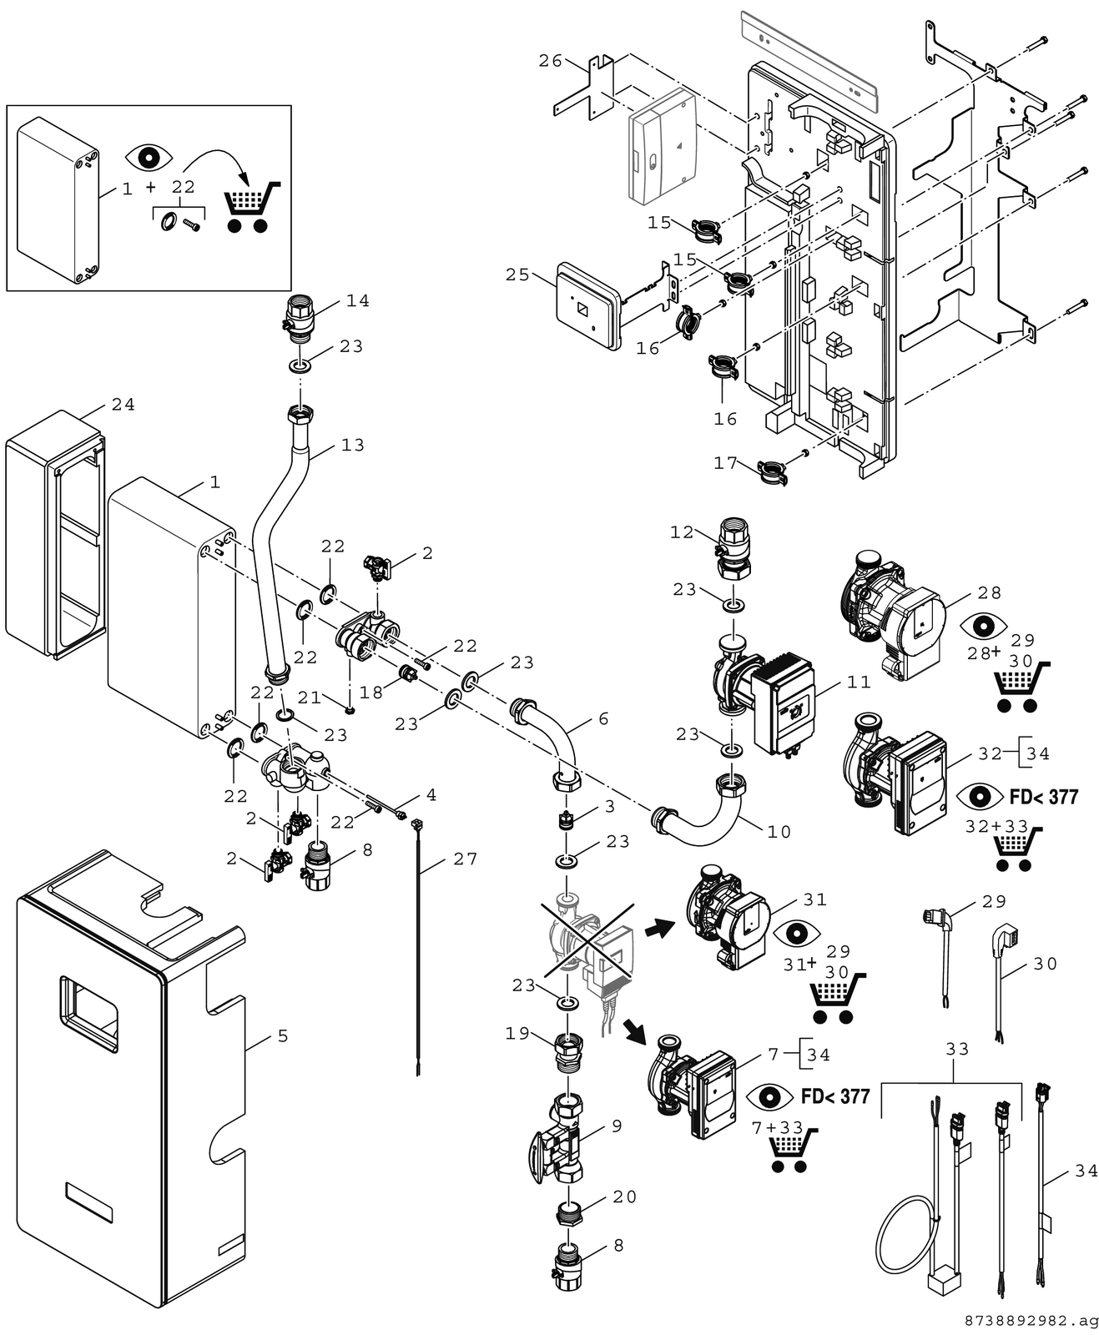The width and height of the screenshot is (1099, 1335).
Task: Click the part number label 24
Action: pos(124,405)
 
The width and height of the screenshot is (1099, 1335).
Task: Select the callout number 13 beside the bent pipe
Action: pos(353,446)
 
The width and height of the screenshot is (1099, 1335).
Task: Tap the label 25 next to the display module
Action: pos(517,275)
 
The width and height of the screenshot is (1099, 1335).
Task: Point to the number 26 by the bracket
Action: pos(550,61)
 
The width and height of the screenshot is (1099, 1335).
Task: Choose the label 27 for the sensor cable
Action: pos(466,859)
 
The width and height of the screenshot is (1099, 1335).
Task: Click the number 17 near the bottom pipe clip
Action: pos(725,463)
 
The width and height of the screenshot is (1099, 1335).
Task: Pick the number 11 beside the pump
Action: pos(859,683)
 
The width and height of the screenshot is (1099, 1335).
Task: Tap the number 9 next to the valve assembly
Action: pos(618,1126)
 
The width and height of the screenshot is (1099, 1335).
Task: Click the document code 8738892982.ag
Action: pos(1031,1322)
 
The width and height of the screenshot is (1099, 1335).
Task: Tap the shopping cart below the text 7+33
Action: pos(791,1150)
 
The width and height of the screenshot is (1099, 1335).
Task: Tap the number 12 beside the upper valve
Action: pos(682,532)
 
